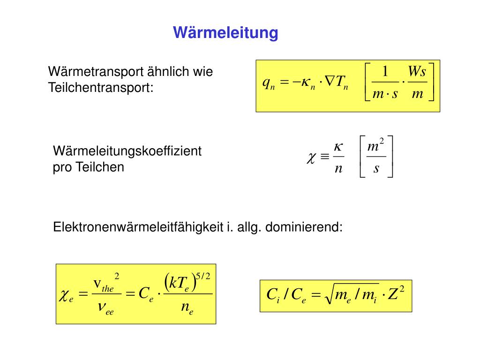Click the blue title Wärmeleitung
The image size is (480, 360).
click(x=225, y=33)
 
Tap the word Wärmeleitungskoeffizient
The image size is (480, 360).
click(x=127, y=151)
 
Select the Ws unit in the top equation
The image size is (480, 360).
click(x=416, y=72)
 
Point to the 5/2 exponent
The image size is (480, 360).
click(x=203, y=276)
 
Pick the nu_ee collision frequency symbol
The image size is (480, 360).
click(x=105, y=307)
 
